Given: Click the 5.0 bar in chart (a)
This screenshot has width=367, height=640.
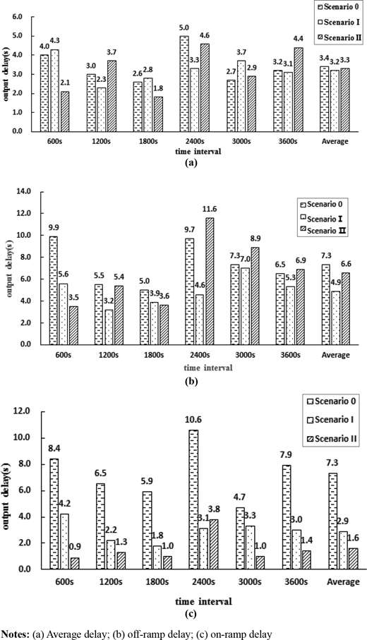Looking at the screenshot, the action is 184,84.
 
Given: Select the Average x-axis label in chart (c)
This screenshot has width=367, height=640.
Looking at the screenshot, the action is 343,581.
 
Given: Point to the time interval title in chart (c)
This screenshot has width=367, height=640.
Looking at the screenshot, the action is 204,601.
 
